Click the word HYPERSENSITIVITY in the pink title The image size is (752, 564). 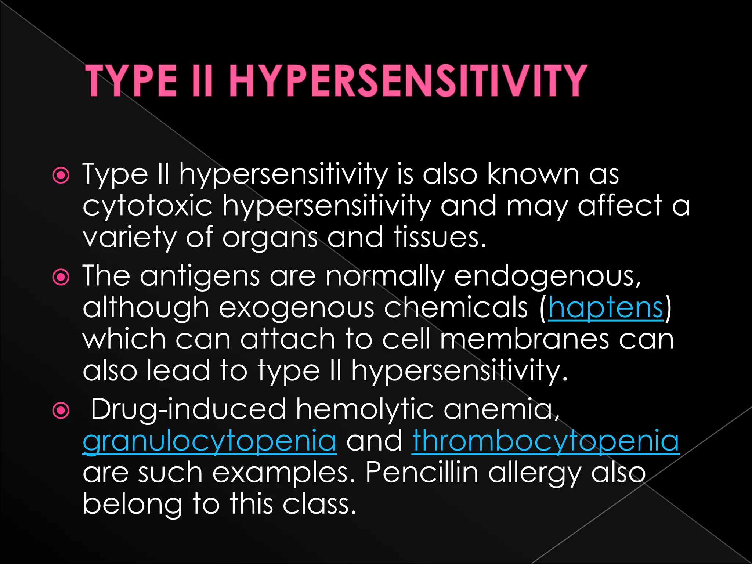[x=408, y=81]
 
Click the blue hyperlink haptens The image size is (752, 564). [x=606, y=308]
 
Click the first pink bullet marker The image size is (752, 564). [x=61, y=176]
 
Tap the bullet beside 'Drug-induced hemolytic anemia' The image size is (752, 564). [x=61, y=411]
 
